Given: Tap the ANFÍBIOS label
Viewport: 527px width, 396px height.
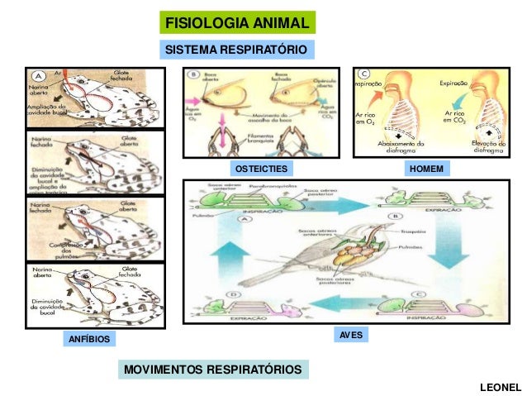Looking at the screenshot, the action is point(86,339).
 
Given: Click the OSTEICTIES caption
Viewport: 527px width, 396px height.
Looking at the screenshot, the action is point(261,169).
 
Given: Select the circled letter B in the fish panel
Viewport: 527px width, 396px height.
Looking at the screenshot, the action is point(192,74).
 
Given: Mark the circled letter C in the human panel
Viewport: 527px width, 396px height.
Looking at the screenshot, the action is point(363,73).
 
